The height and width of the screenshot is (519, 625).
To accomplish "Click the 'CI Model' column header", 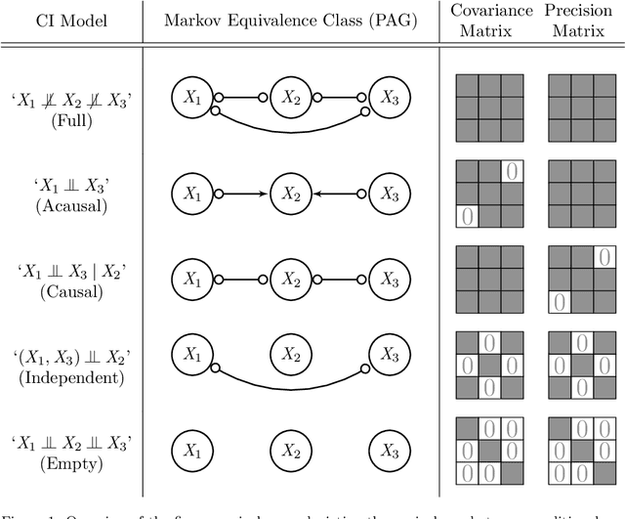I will [70, 22].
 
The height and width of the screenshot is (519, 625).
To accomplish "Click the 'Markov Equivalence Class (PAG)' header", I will [292, 22].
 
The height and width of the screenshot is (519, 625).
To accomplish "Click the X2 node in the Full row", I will [291, 96].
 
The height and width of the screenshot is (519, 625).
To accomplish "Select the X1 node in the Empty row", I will [192, 450].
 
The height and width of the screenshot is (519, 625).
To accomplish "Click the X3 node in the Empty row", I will [390, 450].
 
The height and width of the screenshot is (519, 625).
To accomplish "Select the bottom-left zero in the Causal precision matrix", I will [559, 302].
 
